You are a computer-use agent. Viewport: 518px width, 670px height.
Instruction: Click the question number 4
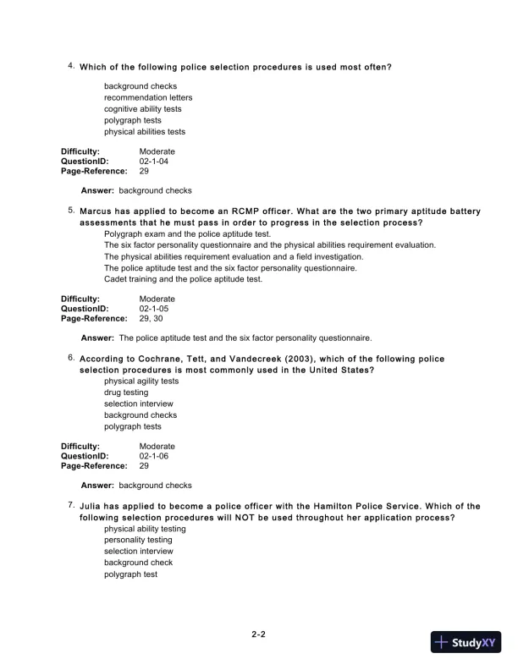71,66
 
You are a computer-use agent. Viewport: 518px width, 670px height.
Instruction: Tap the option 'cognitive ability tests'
142,109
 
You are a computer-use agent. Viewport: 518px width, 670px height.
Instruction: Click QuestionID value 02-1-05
154,309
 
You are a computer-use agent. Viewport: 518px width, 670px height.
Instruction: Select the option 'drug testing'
126,393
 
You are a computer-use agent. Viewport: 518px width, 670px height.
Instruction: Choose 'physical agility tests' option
141,382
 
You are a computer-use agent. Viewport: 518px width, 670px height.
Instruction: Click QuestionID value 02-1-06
154,456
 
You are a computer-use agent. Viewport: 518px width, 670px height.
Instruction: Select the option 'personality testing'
138,540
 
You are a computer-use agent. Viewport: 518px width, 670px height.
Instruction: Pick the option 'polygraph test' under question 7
130,574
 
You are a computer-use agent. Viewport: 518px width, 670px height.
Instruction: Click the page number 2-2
259,634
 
